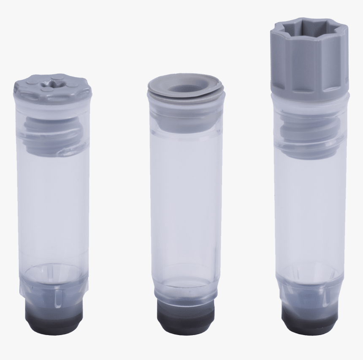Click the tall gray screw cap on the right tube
(x=309, y=63)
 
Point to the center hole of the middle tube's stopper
(x=186, y=89)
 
